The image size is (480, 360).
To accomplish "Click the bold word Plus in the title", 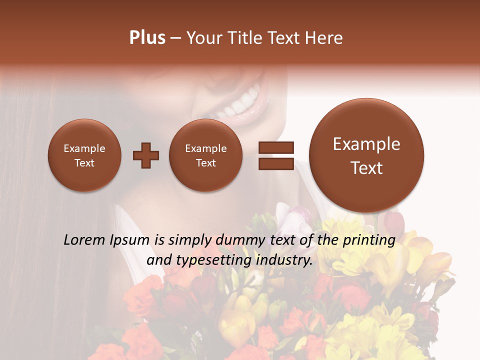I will [x=147, y=38].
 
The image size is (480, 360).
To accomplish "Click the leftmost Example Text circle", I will [x=84, y=155].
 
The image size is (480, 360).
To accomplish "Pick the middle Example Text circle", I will [x=205, y=155].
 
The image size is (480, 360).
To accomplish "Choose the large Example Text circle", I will [x=366, y=155].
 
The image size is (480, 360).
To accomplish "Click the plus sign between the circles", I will [x=146, y=155].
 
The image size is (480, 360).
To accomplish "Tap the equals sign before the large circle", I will [x=276, y=155].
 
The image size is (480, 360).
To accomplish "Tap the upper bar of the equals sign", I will [x=276, y=147].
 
